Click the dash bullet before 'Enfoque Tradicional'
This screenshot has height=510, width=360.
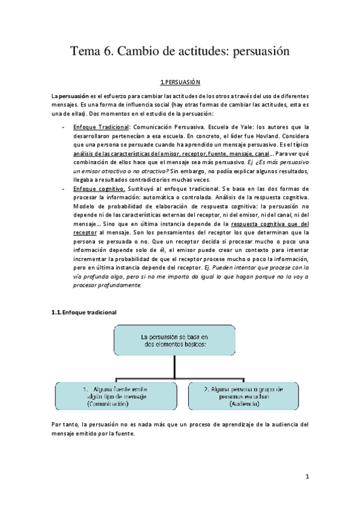tap(64, 127)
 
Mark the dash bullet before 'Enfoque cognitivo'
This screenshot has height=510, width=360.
tap(64, 188)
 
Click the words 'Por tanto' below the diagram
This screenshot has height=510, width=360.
tap(64, 425)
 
